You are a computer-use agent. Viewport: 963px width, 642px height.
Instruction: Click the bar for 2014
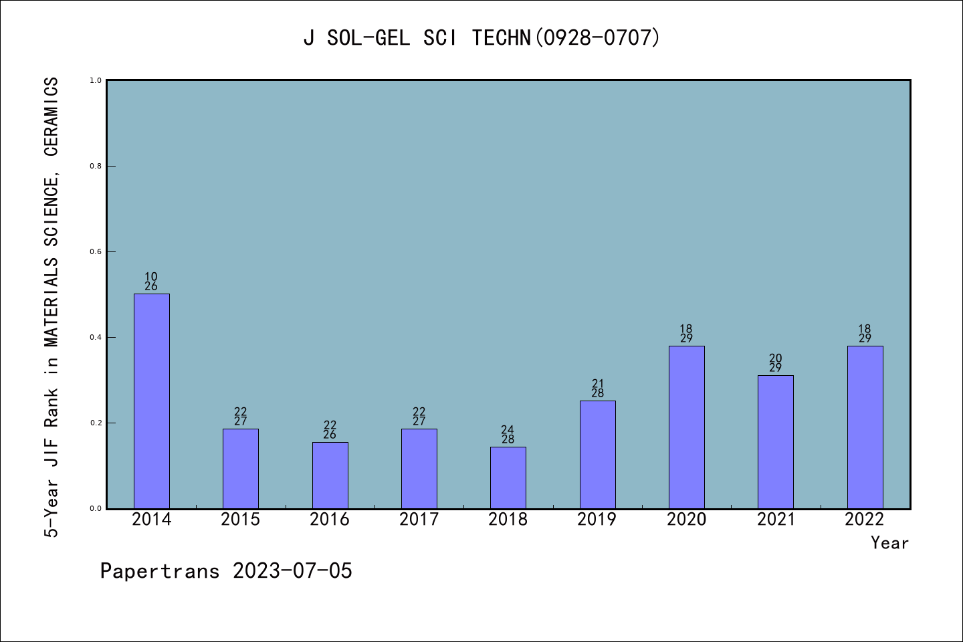pos(152,401)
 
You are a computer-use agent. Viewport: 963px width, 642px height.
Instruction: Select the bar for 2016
pos(330,475)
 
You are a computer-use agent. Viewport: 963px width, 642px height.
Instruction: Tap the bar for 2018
pos(508,477)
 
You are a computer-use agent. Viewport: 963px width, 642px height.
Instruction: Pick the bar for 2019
pos(597,455)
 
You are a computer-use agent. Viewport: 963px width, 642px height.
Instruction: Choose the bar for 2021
pos(776,442)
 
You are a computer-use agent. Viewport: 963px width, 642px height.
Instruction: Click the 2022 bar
pos(865,427)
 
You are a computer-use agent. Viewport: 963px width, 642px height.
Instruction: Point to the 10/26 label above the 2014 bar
pos(151,282)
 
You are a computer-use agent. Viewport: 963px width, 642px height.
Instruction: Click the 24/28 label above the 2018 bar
pos(508,435)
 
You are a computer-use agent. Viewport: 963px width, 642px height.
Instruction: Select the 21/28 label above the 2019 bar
pos(597,389)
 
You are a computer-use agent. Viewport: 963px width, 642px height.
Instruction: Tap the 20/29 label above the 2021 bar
pos(776,363)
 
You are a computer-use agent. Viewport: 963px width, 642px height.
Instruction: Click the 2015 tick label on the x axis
pos(241,520)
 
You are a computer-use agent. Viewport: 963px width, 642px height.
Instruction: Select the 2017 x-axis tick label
pos(419,520)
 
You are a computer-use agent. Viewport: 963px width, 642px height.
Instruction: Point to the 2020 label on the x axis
pos(686,520)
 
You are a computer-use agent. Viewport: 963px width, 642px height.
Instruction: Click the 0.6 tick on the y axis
pos(96,252)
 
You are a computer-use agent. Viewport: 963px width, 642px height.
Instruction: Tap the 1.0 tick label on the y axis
pos(96,81)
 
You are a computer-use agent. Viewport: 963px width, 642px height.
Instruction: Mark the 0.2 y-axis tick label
pos(96,423)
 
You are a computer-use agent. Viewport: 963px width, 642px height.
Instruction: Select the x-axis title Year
pos(889,543)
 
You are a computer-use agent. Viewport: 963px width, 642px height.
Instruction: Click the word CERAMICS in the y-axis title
pos(51,117)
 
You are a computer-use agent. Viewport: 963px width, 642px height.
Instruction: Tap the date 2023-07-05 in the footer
pos(292,571)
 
